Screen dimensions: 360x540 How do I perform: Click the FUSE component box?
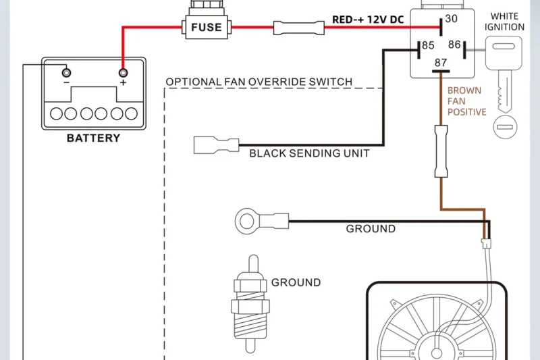[x=207, y=28]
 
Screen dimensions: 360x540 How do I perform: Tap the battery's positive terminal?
[x=123, y=72]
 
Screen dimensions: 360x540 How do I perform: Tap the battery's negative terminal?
[x=66, y=72]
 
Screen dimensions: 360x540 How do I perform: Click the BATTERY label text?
[x=93, y=138]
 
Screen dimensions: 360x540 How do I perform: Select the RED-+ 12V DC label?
[x=368, y=19]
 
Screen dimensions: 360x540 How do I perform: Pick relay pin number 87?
[x=441, y=63]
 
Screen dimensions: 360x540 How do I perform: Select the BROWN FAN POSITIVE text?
[x=466, y=101]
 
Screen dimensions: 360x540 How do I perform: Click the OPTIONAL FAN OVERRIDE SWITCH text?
[x=259, y=82]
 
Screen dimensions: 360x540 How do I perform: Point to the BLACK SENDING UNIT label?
[x=309, y=153]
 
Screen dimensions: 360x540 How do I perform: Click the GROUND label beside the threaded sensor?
[x=296, y=282]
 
